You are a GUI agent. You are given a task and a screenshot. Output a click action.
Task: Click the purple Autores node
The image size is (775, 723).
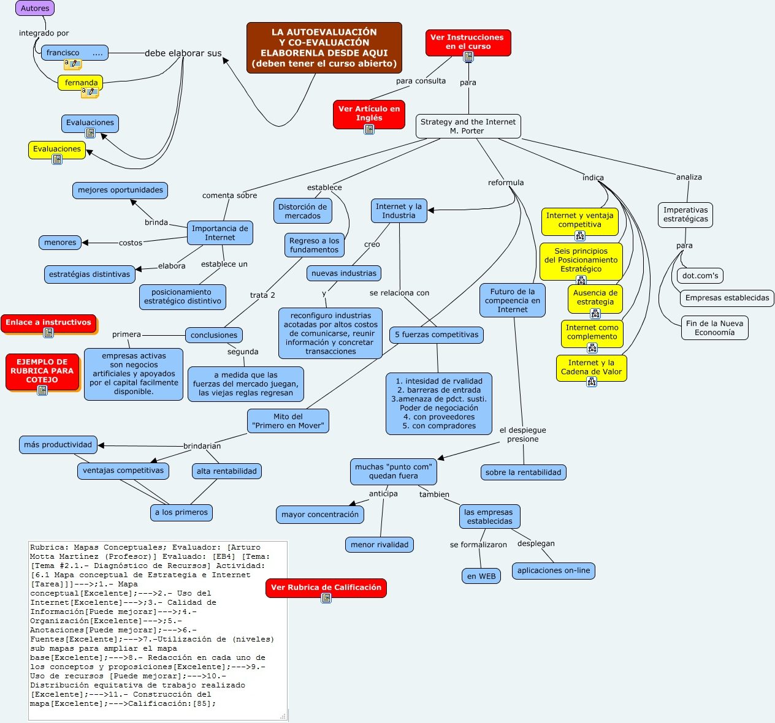(x=35, y=9)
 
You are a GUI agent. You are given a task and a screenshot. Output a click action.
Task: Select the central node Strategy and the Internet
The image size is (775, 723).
(x=468, y=126)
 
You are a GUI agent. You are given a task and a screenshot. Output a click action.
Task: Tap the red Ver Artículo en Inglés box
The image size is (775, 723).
(x=368, y=113)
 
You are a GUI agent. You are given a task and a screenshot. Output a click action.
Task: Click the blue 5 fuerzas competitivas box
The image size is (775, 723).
(x=437, y=335)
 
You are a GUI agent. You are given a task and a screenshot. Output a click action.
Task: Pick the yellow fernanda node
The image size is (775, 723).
(x=81, y=83)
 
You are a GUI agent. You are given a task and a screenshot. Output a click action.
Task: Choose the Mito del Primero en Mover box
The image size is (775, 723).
(x=288, y=421)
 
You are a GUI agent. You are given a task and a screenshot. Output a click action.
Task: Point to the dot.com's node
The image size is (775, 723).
(x=700, y=276)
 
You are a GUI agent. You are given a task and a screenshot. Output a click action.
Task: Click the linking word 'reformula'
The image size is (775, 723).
(x=506, y=183)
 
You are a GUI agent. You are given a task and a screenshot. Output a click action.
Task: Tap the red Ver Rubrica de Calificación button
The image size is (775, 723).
(x=326, y=588)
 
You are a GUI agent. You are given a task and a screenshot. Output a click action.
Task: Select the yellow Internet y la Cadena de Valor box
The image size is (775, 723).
(x=591, y=367)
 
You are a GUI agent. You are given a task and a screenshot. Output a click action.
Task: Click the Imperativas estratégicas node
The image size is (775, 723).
(x=685, y=214)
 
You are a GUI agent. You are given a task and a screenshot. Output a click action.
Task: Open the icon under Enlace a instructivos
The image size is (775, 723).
(x=48, y=333)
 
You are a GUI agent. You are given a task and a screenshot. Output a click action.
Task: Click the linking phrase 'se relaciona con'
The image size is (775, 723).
(x=399, y=293)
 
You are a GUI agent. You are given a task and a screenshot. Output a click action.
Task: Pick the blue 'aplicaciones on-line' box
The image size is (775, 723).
(x=553, y=570)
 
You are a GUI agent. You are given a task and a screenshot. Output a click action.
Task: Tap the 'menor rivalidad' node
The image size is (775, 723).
(x=380, y=545)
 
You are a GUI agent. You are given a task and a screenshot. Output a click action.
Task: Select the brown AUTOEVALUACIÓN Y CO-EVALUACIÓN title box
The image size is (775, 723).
(x=324, y=48)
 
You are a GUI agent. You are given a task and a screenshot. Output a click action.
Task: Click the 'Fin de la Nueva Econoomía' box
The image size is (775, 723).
(x=714, y=328)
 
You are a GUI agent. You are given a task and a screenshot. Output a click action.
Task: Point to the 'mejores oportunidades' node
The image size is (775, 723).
(x=120, y=190)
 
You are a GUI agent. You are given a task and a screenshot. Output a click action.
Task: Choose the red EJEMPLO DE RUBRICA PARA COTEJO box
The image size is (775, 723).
(x=42, y=371)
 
